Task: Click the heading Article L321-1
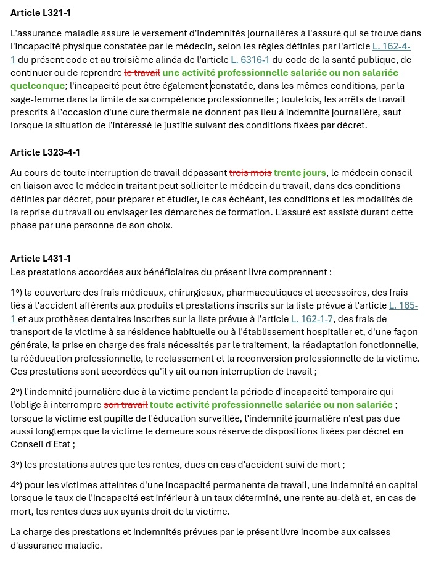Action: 45,13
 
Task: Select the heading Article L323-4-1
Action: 46,152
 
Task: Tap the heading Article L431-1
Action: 40,258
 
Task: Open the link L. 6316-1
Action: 250,60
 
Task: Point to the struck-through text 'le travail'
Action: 142,73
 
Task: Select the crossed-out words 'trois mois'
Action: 250,173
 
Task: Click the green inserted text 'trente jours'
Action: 300,173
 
